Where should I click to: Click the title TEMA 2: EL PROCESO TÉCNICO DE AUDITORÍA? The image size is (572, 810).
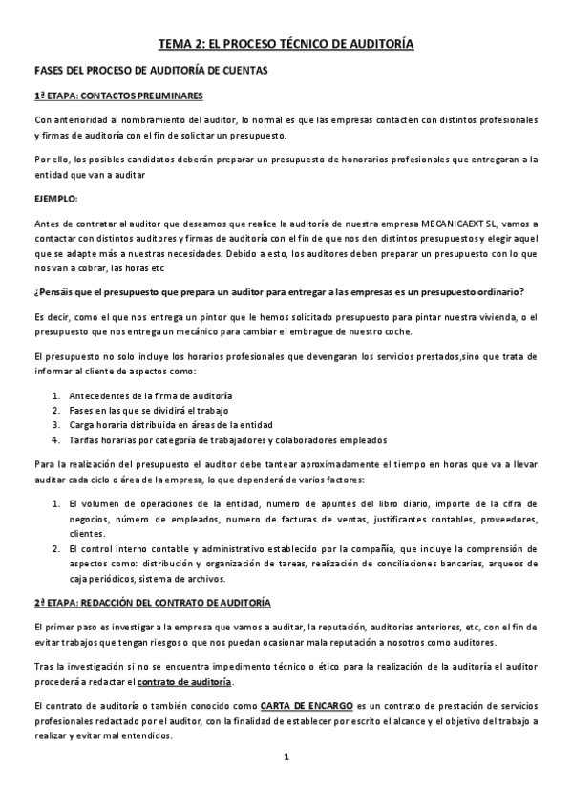point(286,44)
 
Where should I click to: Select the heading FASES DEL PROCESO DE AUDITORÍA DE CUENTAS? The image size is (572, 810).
point(151,71)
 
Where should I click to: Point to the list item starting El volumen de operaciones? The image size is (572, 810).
point(143,502)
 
